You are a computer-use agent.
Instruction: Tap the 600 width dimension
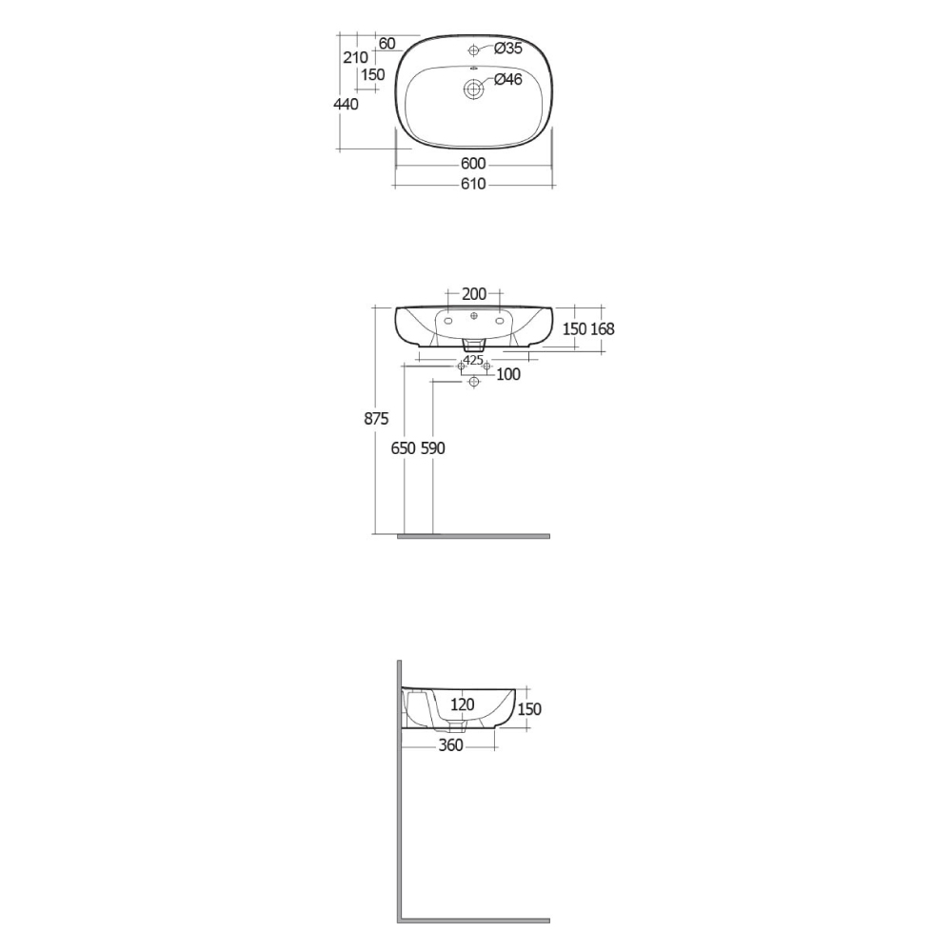click(x=473, y=164)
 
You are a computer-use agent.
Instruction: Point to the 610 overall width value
click(x=473, y=184)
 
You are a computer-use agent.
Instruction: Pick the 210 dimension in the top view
click(x=355, y=57)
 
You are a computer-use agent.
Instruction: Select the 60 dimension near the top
click(x=387, y=44)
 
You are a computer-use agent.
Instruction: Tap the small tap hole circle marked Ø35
click(x=473, y=49)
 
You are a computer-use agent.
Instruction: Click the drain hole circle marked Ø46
click(x=473, y=89)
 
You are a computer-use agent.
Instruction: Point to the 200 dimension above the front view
click(x=473, y=293)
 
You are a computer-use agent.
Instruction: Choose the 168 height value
click(x=602, y=328)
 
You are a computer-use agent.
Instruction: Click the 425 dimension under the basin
click(x=473, y=360)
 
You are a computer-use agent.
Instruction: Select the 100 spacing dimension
click(x=508, y=374)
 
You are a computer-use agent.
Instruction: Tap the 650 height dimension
click(x=405, y=447)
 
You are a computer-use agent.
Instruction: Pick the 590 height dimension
click(x=433, y=447)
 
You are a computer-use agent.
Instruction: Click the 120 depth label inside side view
click(x=462, y=704)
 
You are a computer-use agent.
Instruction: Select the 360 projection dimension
click(x=450, y=745)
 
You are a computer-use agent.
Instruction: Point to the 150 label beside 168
click(x=573, y=328)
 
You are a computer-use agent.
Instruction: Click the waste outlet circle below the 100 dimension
click(x=473, y=383)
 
